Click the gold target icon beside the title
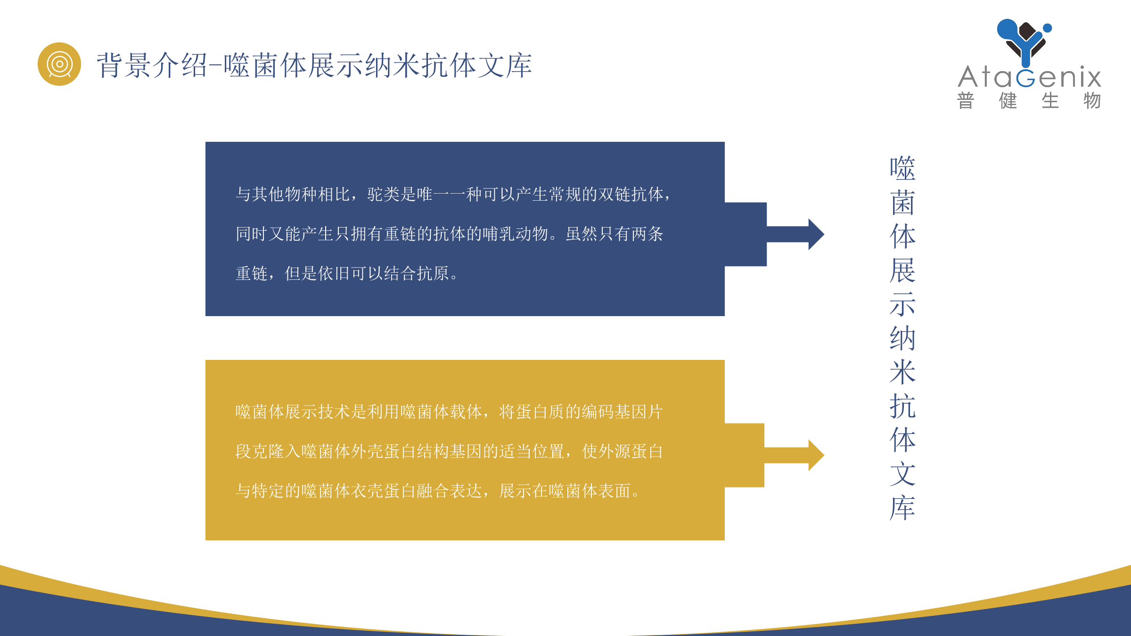click(59, 64)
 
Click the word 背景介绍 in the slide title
click(152, 65)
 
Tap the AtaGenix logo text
click(1029, 77)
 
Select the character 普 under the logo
click(966, 101)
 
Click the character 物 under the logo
click(1092, 101)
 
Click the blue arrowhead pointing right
click(816, 234)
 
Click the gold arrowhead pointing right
click(816, 455)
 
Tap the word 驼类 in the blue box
click(384, 194)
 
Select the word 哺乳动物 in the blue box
click(516, 234)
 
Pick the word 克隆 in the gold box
click(269, 451)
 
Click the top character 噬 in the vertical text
click(902, 168)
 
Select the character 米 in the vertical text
click(902, 372)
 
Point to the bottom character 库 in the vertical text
click(902, 508)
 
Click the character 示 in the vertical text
click(902, 304)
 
